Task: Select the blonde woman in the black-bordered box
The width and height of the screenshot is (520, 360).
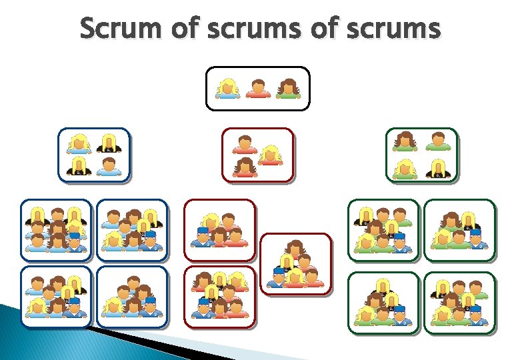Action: [x=228, y=88]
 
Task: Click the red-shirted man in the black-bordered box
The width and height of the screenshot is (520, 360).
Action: [x=258, y=88]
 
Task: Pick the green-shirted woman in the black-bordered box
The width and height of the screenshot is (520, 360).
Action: [x=288, y=88]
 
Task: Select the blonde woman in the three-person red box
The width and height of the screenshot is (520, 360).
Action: [x=269, y=155]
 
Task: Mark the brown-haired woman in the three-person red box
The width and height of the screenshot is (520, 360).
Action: [x=245, y=167]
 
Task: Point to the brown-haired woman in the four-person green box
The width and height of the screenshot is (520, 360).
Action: [x=404, y=142]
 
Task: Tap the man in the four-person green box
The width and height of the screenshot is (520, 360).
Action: [x=437, y=142]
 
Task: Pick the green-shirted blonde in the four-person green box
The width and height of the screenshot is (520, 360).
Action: [x=404, y=169]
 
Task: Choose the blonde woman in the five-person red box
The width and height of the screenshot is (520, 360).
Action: [x=211, y=222]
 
